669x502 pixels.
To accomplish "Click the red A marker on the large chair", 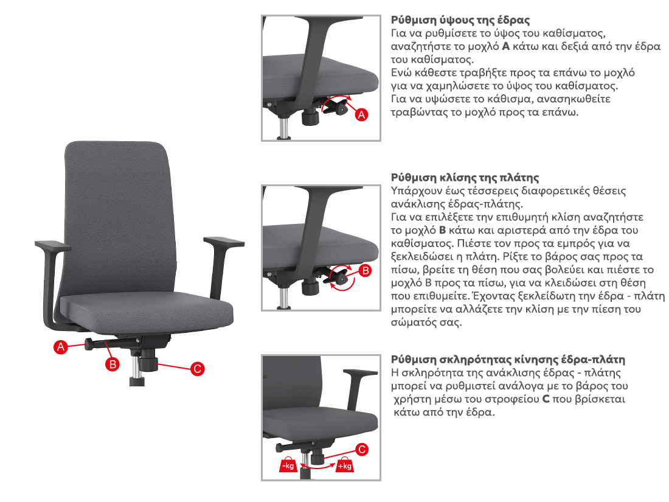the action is pos(61,347).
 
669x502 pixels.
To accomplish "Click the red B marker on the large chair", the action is pos(113,364).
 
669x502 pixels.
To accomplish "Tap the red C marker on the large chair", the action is pos(197,369).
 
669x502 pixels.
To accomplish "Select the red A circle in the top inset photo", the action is pos(361,114).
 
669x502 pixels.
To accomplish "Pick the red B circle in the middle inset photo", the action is pos(366,271).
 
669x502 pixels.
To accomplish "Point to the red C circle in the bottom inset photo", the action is pos(362,450).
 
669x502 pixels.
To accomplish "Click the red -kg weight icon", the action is pos(288,464).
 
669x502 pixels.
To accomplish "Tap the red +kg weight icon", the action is pos(344,464).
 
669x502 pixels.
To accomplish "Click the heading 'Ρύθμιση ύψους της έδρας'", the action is pos(460,20).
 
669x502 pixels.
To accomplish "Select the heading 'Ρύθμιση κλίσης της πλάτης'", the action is pos(465,178).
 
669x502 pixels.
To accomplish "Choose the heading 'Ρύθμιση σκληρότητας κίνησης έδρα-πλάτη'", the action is pos(508,360).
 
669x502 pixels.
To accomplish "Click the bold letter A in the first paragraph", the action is pos(505,46).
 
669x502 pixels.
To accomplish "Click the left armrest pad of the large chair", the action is pos(53,246).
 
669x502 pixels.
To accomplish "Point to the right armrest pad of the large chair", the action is pos(224,242).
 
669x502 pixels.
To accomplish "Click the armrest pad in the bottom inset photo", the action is pos(359,373).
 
